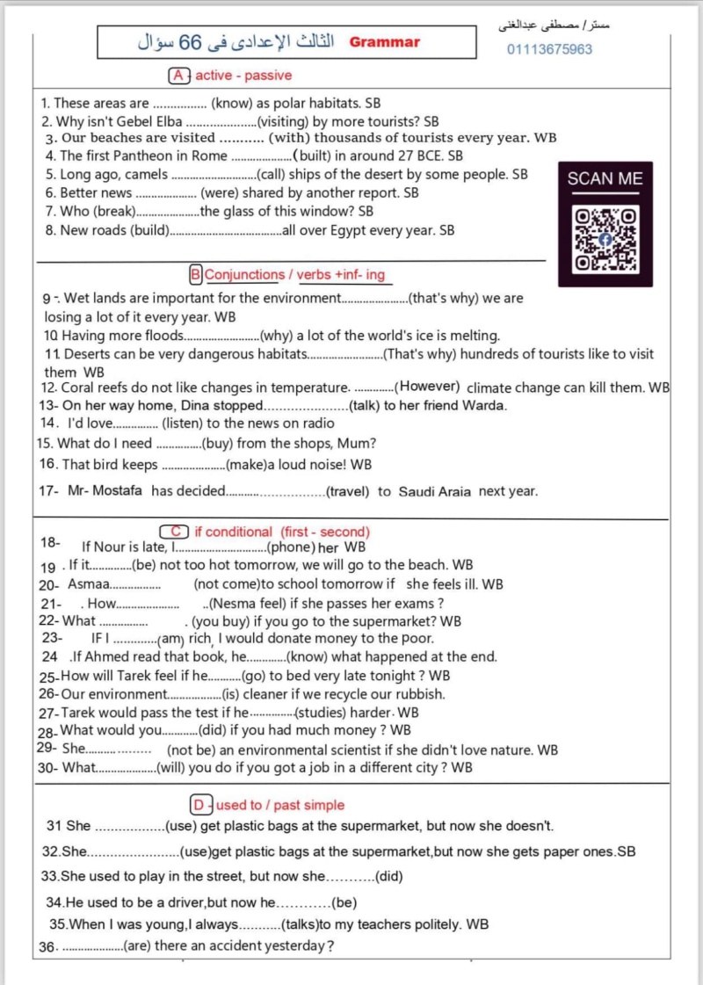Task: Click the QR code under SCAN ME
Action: point(605,239)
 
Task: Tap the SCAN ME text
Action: point(605,179)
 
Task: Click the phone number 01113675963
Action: point(549,49)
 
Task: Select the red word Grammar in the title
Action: point(385,41)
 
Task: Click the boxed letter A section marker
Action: point(179,76)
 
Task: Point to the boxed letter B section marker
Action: point(196,275)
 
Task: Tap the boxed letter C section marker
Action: point(174,532)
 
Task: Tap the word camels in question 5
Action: point(147,174)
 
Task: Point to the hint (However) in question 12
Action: point(428,387)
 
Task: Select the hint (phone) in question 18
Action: point(285,547)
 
